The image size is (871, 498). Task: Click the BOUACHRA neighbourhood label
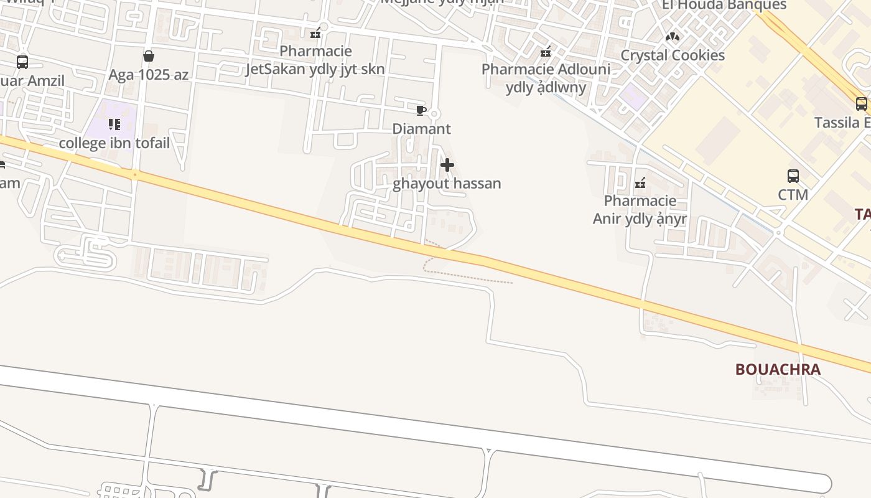coord(778,369)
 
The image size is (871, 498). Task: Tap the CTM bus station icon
coord(793,176)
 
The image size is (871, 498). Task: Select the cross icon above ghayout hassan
coord(447,165)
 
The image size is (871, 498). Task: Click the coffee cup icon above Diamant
coord(421,111)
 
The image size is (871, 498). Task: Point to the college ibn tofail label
coord(114,143)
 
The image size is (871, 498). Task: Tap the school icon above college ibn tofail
coord(114,125)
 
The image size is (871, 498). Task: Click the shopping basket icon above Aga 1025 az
coord(149,57)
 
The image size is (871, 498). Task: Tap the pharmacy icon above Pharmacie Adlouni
coord(546,52)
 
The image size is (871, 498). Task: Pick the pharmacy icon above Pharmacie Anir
coord(640,183)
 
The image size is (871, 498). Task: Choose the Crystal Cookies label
coord(673,55)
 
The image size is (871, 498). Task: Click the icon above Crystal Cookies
coord(673,37)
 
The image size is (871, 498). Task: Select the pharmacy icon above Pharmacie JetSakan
coord(315,33)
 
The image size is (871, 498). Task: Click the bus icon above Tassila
coord(861,104)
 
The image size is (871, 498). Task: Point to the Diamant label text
coord(421,129)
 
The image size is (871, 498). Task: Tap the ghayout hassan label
coord(447,184)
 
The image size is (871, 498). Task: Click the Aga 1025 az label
coord(149,75)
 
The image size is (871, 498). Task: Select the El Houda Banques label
coord(724,6)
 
